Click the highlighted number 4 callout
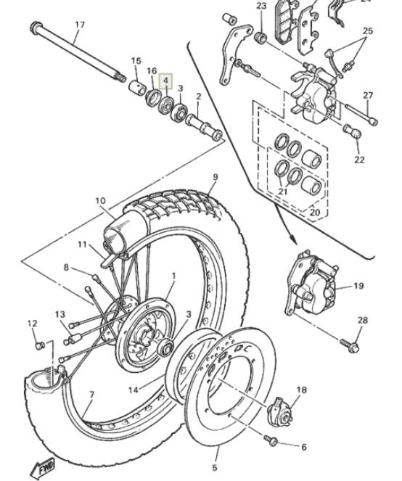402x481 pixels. click(165, 81)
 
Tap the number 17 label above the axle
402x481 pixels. click(80, 25)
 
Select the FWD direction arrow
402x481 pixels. click(44, 468)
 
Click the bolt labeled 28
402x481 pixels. click(350, 345)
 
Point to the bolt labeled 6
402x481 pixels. click(271, 440)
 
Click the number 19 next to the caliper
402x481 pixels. click(358, 286)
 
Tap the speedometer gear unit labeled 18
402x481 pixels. click(280, 412)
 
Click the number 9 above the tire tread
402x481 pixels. click(215, 177)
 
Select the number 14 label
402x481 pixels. click(133, 390)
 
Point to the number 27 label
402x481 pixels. click(368, 96)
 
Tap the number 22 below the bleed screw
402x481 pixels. click(359, 160)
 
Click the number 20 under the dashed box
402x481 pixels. click(315, 212)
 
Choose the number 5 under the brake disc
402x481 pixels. click(215, 468)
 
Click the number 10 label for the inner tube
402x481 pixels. click(100, 201)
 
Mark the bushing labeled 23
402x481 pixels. click(261, 38)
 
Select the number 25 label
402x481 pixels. click(368, 31)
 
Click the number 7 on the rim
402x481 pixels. click(91, 395)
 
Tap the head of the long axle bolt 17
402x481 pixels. click(36, 28)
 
